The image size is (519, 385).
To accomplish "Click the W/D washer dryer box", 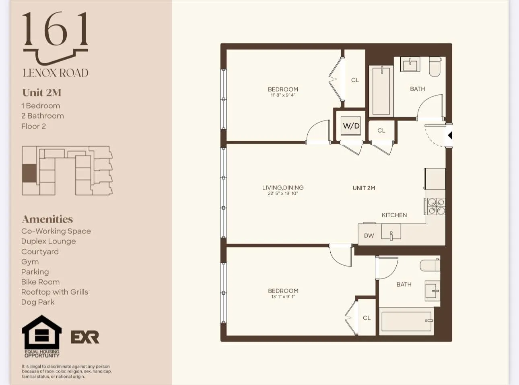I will (351, 126).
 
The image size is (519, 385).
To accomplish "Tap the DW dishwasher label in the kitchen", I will (369, 236).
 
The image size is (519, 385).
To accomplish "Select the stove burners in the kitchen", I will (436, 206).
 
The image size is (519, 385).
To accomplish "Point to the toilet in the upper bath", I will (435, 67).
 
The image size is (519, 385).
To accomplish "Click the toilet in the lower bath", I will (430, 265).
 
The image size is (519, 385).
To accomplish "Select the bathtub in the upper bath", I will (381, 91).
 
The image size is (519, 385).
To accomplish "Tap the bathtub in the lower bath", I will (406, 321).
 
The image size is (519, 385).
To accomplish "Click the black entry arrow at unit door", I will (450, 135).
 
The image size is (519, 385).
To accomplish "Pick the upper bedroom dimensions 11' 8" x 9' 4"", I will (283, 96).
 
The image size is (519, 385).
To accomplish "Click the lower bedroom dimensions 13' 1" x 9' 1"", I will (283, 297).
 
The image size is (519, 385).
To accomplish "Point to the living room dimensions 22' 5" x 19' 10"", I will (283, 194).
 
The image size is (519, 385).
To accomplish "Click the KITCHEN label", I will (394, 215).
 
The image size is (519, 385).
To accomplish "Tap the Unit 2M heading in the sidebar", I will (42, 93).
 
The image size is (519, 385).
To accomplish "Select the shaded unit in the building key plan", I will (29, 173).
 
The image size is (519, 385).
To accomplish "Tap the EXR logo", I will (85, 337).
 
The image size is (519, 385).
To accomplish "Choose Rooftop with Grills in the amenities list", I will (55, 292).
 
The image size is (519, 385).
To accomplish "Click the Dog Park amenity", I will (38, 302).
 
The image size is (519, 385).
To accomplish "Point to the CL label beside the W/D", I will (381, 131).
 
